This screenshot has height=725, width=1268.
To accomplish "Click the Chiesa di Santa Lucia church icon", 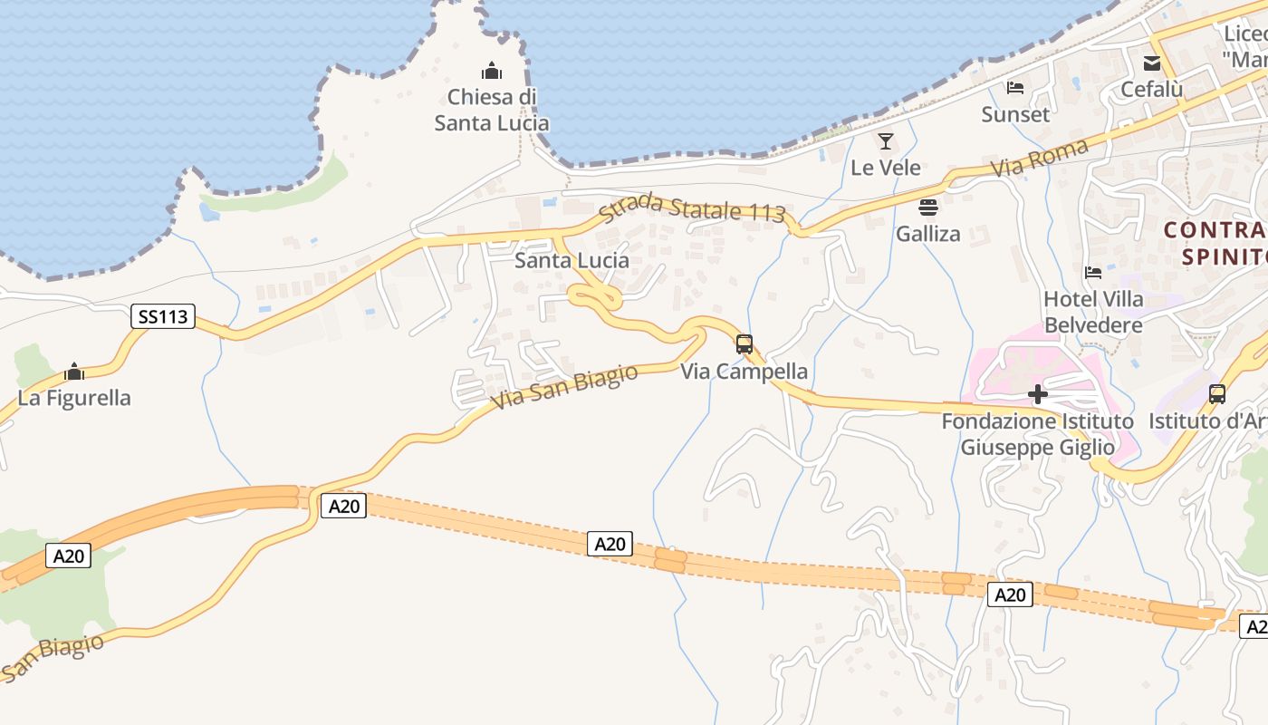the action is pos(492,71).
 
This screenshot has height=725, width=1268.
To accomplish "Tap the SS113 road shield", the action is pos(163,316).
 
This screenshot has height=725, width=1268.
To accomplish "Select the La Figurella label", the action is pos(74,398).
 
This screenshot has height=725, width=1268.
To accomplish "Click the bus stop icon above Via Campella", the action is pos(744,344).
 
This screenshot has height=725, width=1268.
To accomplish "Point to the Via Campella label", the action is pos(744,372).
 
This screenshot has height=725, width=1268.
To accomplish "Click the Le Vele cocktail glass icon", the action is pos(886,141).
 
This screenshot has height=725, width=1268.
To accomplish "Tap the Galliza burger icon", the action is pos(928,208).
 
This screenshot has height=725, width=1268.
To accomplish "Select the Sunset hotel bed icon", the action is pos(1015,88).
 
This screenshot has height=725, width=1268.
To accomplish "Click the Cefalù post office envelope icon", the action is pos(1151,63).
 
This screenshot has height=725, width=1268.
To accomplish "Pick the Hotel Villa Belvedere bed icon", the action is pos(1093,273).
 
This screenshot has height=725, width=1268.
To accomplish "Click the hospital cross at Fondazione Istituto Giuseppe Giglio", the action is pos(1038,394).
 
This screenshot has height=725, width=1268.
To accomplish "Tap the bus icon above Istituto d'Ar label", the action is pos(1217,394).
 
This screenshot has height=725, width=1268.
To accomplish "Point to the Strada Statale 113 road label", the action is pos(692,208).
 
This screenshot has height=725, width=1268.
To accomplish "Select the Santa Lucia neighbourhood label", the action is pos(572,261).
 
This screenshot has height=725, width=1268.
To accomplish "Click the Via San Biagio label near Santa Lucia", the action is pos(564,388).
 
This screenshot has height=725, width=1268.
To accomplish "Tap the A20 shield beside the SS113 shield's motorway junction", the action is pos(343,506).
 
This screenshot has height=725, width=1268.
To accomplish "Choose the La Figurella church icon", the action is pos(74,372).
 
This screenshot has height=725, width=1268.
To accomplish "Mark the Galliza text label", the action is pos(928,234).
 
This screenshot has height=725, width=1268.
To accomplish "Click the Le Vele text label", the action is pos(886,168).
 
